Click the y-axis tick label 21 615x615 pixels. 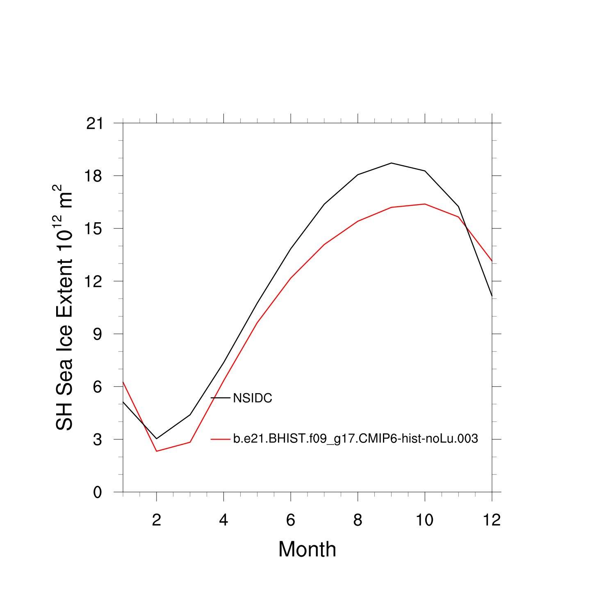(94, 123)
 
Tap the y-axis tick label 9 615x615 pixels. (97, 334)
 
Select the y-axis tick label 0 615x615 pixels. (97, 492)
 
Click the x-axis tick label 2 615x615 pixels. (156, 520)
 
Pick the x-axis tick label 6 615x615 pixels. (291, 520)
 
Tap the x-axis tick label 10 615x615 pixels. (425, 520)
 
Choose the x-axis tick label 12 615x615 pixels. (492, 520)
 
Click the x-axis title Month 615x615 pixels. (307, 549)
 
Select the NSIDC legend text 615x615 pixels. (253, 398)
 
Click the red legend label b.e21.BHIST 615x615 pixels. (355, 439)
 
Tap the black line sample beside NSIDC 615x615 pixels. (221, 398)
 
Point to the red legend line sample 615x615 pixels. (221, 439)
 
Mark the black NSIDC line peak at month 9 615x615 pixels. (392, 163)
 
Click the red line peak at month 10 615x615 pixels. (425, 204)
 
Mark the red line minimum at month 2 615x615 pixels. (157, 451)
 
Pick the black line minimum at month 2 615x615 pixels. (157, 439)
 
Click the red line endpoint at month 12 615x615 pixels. (492, 261)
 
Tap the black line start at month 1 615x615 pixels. (123, 402)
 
